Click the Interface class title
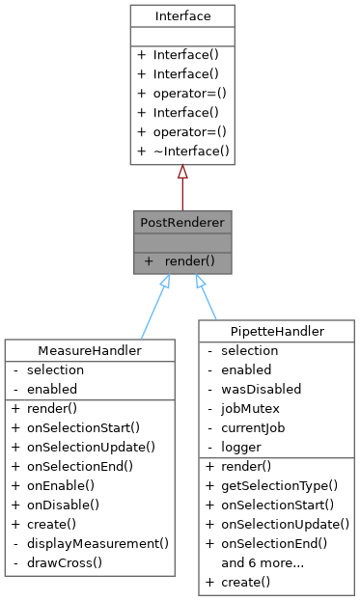181,17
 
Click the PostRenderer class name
181,223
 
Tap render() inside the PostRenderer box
187,260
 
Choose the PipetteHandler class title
277,332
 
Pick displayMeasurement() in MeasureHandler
97,543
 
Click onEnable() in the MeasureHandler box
67,485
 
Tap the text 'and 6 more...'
263,562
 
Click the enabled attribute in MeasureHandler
54,389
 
